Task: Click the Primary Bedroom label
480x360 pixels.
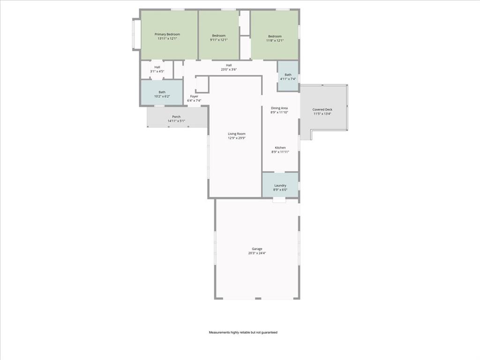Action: [x=167, y=34]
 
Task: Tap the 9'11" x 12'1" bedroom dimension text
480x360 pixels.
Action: [x=218, y=40]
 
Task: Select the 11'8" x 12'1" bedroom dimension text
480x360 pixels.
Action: [x=275, y=40]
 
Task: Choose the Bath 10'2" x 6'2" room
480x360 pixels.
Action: [x=162, y=94]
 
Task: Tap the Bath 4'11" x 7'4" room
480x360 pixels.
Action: [x=288, y=77]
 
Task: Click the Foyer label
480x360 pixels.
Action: [x=194, y=97]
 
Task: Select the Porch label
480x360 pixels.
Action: [x=176, y=117]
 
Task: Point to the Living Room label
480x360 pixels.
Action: [x=237, y=134]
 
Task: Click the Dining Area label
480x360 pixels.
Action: [x=279, y=108]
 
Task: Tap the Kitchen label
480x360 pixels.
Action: [x=280, y=148]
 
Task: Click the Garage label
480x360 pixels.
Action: [x=257, y=249]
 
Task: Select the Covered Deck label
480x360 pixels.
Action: [x=322, y=110]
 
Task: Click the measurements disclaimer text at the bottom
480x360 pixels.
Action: [x=243, y=332]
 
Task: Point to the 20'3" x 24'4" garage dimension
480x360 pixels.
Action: [x=257, y=253]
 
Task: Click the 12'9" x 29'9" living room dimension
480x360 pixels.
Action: [x=237, y=138]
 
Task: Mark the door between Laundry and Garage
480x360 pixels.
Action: [x=279, y=200]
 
